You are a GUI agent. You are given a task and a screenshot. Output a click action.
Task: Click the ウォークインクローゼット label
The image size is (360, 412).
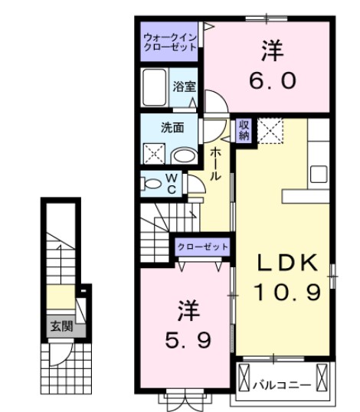pyautogui.click(x=170, y=41)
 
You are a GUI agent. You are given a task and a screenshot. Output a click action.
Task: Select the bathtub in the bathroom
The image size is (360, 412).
pyautogui.click(x=155, y=89)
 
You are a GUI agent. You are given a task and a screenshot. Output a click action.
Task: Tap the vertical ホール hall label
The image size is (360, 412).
pyautogui.click(x=216, y=163)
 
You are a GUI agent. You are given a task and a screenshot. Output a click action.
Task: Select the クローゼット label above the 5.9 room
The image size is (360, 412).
pyautogui.click(x=202, y=247)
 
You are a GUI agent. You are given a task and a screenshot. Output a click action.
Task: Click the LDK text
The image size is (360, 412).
pyautogui.click(x=285, y=262)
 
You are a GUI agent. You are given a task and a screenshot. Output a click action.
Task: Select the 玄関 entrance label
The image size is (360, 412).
pyautogui.click(x=62, y=326)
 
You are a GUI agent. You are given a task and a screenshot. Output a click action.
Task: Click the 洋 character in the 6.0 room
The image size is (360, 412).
pyautogui.click(x=270, y=51)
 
